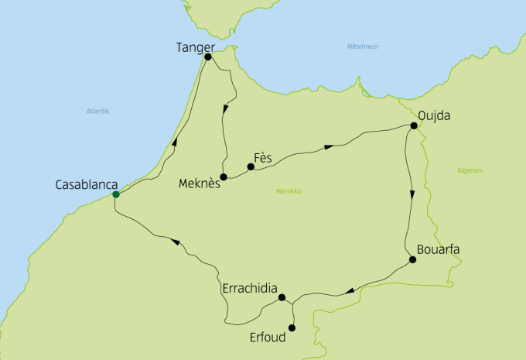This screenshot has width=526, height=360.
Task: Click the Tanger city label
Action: (195, 47)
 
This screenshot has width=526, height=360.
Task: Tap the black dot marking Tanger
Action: (208, 57)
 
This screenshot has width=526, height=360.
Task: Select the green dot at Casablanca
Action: (115, 194)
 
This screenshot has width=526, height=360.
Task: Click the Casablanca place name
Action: (87, 185)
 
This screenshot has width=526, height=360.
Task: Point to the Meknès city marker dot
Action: (224, 177)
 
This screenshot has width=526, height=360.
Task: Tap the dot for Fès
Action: (251, 166)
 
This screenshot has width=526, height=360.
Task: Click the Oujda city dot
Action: (414, 125)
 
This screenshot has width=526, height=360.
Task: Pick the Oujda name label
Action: (433, 117)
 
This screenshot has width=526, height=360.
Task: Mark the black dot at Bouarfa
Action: (412, 259)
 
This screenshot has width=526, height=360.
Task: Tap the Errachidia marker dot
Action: (282, 297)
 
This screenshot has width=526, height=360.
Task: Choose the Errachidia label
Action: (248, 288)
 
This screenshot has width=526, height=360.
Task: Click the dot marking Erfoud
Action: (292, 327)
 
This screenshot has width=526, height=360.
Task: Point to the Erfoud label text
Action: (268, 338)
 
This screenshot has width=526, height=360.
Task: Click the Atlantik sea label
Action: (98, 111)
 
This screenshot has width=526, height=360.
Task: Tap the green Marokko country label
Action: (289, 191)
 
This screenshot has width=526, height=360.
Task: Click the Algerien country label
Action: (470, 170)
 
